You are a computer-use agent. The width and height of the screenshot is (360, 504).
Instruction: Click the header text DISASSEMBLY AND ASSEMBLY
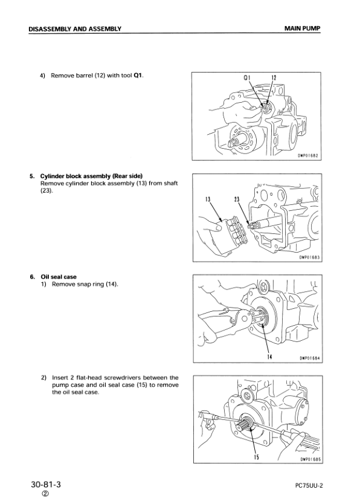[x=75, y=28]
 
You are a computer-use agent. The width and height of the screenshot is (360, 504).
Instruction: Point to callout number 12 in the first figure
[x=273, y=79]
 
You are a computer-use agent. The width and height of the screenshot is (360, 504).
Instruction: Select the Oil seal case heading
[x=58, y=277]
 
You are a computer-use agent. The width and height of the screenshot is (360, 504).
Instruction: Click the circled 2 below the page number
[x=45, y=496]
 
